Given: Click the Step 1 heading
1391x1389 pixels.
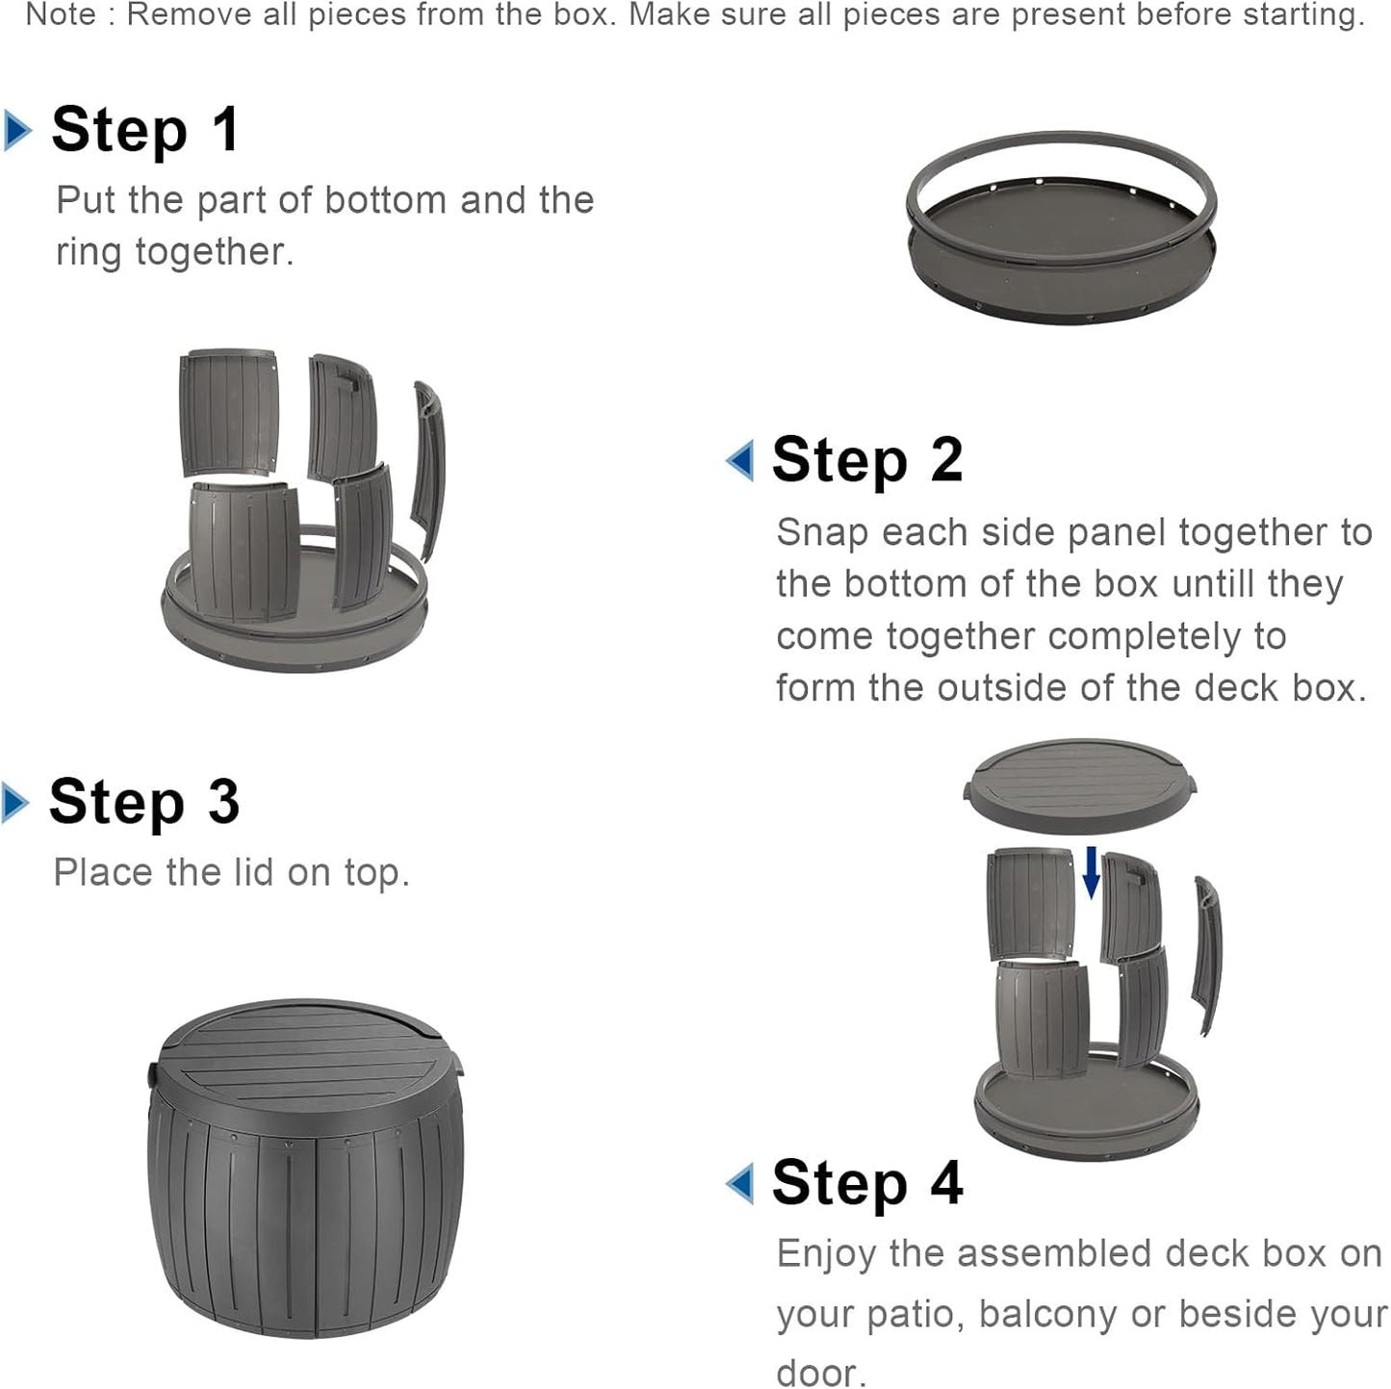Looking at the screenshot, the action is pyautogui.click(x=144, y=131).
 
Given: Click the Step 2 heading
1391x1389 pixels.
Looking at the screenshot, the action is pyautogui.click(x=867, y=460).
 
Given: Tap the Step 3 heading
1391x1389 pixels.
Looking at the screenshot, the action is pyautogui.click(x=144, y=802).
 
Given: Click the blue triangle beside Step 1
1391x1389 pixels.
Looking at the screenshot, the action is pyautogui.click(x=17, y=131).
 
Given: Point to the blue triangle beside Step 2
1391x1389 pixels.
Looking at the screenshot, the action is pyautogui.click(x=740, y=460).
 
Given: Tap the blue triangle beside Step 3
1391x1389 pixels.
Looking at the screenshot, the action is pyautogui.click(x=15, y=802).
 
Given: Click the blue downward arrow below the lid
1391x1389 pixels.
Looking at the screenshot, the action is pyautogui.click(x=1092, y=873).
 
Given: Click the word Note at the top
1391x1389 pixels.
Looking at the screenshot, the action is pyautogui.click(x=61, y=14).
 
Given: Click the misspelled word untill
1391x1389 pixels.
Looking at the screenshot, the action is pyautogui.click(x=1214, y=584).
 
